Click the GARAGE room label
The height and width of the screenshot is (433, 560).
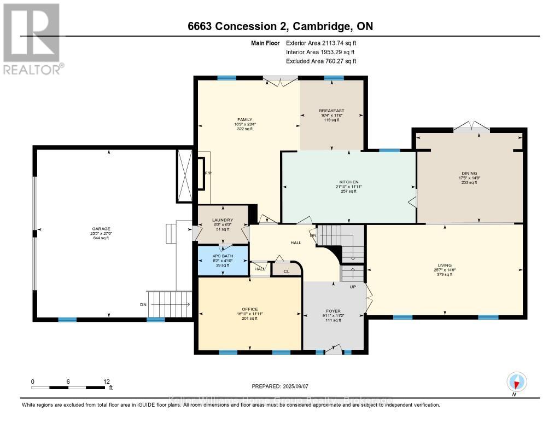(101, 229)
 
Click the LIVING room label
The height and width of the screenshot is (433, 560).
(444, 265)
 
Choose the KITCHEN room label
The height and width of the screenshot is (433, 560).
(348, 182)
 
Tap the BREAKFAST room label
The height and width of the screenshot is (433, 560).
(331, 111)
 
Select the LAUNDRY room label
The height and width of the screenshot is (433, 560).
(223, 220)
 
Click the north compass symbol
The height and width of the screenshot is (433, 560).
(517, 382)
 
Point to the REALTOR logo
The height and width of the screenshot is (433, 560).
(32, 38)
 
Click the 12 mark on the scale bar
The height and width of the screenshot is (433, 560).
(106, 381)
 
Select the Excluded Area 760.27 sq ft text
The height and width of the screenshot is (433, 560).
(324, 61)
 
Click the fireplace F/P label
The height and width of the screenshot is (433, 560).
(207, 174)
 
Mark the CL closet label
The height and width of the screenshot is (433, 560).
(286, 270)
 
